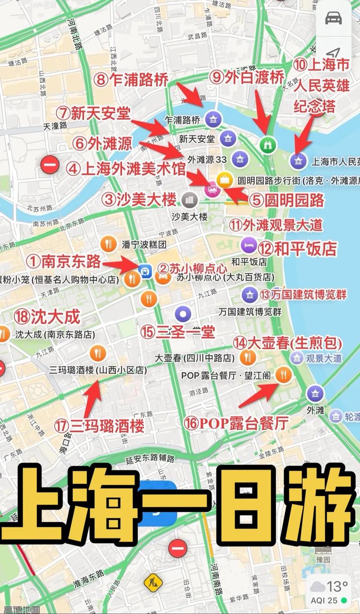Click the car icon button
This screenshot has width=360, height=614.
[333, 18]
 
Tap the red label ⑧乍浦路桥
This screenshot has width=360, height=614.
[131, 80]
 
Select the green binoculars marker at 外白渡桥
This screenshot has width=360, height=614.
[266, 144]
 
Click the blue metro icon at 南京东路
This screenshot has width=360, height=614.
[146, 271]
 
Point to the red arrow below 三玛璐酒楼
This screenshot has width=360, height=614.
[93, 398]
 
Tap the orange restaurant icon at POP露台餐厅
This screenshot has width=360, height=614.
[283, 374]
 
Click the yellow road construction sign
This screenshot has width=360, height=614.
[153, 583]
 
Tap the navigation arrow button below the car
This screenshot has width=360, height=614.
[333, 53]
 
